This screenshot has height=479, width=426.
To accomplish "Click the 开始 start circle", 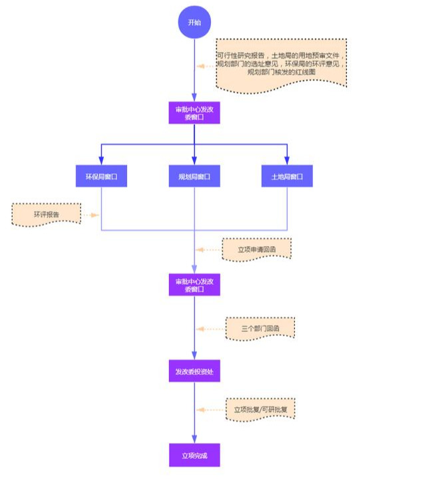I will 194,23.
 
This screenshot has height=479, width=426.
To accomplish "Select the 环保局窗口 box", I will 101,176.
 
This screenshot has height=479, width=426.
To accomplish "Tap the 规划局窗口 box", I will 194,176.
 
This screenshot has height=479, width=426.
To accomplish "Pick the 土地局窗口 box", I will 287,176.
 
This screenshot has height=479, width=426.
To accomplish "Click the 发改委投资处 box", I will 194,371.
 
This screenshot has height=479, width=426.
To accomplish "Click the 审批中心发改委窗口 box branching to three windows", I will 194,112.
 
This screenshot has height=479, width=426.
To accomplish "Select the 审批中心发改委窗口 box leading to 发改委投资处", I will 194,285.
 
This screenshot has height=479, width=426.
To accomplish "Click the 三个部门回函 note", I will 260,329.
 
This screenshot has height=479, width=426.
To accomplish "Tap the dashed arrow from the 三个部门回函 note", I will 210,329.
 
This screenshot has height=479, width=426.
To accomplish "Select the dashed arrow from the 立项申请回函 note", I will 208,250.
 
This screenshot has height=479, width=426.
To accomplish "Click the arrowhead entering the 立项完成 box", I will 194,441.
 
